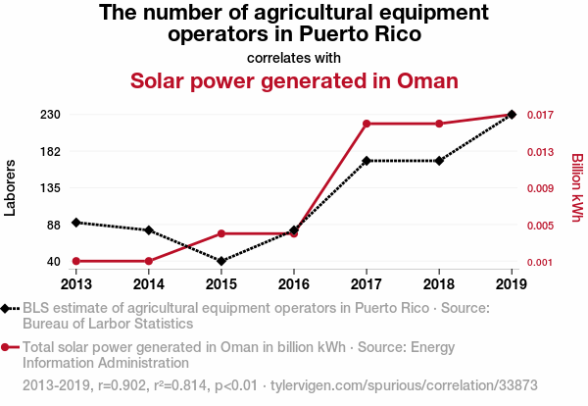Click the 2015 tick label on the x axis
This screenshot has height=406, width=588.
pyautogui.click(x=220, y=283)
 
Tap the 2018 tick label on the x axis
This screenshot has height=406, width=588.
pyautogui.click(x=439, y=283)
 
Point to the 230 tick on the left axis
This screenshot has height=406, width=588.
pyautogui.click(x=51, y=115)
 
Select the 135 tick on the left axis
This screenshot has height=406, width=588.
pyautogui.click(x=51, y=188)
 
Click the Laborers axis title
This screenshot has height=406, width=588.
pyautogui.click(x=11, y=187)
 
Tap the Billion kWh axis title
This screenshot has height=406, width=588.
pyautogui.click(x=577, y=187)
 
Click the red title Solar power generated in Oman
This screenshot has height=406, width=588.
pyautogui.click(x=294, y=80)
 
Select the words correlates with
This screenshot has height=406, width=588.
pyautogui.click(x=294, y=57)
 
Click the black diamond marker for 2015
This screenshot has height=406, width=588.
pyautogui.click(x=220, y=261)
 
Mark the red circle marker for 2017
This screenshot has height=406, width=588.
pyautogui.click(x=367, y=124)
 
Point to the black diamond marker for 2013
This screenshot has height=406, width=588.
pyautogui.click(x=75, y=223)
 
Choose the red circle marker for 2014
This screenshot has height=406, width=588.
pyautogui.click(x=148, y=261)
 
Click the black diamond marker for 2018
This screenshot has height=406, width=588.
pyautogui.click(x=439, y=160)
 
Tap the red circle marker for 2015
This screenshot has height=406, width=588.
pyautogui.click(x=220, y=233)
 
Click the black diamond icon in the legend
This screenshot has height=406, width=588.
pyautogui.click(x=7, y=308)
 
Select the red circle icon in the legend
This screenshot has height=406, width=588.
pyautogui.click(x=7, y=346)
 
